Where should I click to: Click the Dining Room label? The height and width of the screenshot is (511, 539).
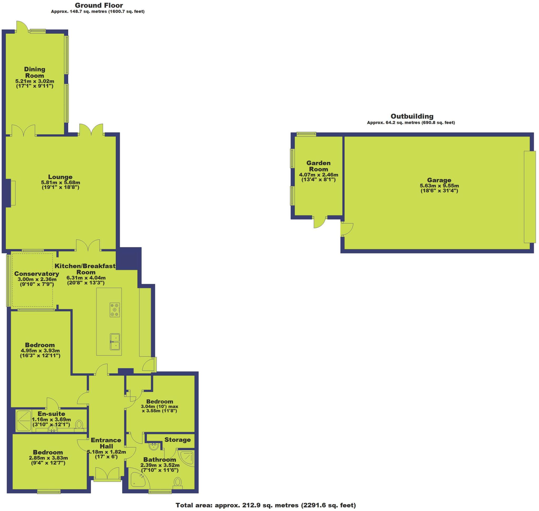35,73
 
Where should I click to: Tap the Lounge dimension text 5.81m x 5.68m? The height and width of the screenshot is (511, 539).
60,182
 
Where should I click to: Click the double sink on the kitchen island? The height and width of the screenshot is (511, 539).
115,341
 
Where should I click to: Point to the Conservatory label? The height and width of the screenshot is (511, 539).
37,274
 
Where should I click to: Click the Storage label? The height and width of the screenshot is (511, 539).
178,440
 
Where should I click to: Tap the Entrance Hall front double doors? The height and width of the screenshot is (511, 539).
107,474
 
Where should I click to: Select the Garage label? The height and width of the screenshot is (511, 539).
439,180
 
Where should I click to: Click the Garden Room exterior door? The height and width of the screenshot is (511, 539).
320,222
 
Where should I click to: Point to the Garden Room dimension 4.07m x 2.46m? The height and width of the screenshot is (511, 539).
318,175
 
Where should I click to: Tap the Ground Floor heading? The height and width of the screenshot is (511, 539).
99,5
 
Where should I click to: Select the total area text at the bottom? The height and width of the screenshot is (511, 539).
266,505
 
